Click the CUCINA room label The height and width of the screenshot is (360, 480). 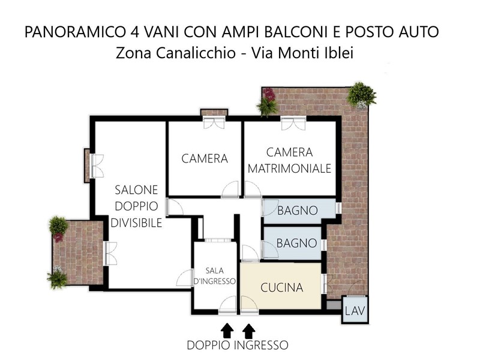(281, 288)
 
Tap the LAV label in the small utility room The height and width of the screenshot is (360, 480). (355, 311)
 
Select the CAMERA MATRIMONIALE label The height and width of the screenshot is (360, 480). (289, 160)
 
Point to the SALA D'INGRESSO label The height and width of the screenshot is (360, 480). (215, 276)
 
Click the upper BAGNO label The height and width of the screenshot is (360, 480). (298, 211)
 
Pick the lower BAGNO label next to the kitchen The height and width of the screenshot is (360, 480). (296, 244)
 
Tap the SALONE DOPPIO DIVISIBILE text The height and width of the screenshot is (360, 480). (136, 206)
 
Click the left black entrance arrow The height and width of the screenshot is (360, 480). (227, 331)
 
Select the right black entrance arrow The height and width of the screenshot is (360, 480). (249, 331)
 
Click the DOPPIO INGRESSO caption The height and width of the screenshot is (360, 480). (238, 346)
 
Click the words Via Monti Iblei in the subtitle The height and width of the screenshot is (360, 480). (302, 53)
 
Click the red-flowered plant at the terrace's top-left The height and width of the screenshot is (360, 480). (268, 102)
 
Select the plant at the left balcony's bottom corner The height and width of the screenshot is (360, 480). (57, 277)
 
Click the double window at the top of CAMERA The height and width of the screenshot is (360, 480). (214, 122)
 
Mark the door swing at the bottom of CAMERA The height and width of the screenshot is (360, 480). (230, 189)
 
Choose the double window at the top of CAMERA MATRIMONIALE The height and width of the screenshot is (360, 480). (293, 123)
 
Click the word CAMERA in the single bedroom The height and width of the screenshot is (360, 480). (205, 158)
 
